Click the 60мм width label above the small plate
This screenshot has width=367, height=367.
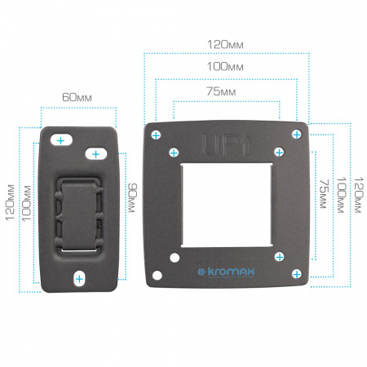tap(77, 97)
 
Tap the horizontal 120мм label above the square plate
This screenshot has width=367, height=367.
tap(225, 45)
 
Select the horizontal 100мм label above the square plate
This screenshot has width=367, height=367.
tap(225, 67)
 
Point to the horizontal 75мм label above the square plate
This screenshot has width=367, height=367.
tap(221, 91)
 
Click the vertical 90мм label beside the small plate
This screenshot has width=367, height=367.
tap(132, 198)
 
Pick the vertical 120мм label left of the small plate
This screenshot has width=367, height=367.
tap(10, 202)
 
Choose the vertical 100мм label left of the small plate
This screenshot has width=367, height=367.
tap(26, 203)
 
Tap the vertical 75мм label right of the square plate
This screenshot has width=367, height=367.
tap(324, 194)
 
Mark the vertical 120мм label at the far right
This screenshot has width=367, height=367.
tap(358, 195)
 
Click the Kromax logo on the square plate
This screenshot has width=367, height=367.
tap(226, 272)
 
